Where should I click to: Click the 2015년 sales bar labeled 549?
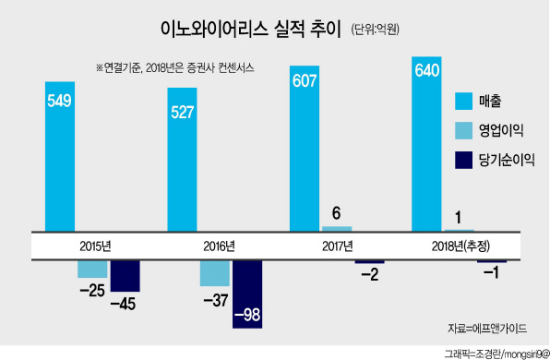[60, 157]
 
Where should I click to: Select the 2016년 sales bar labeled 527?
[182, 160]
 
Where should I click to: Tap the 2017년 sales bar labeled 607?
[305, 149]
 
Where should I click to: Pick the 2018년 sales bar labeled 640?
[426, 144]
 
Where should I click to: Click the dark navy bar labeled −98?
[247, 294]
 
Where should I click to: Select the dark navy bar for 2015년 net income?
[126, 276]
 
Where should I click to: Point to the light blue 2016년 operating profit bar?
[215, 273]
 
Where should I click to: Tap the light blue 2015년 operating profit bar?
[92, 270]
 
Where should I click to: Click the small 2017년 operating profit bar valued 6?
[337, 229]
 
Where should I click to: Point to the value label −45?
[123, 304]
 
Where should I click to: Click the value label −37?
[216, 300]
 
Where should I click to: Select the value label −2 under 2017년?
[370, 274]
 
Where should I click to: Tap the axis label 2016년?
[220, 246]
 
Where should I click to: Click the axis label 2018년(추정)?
[460, 246]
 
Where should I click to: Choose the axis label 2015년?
[95, 246]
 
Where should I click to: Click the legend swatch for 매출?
[463, 102]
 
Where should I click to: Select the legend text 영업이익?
[501, 130]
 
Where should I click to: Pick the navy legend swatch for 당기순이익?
[463, 161]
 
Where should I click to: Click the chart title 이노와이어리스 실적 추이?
[251, 30]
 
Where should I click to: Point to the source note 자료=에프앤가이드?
[487, 329]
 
